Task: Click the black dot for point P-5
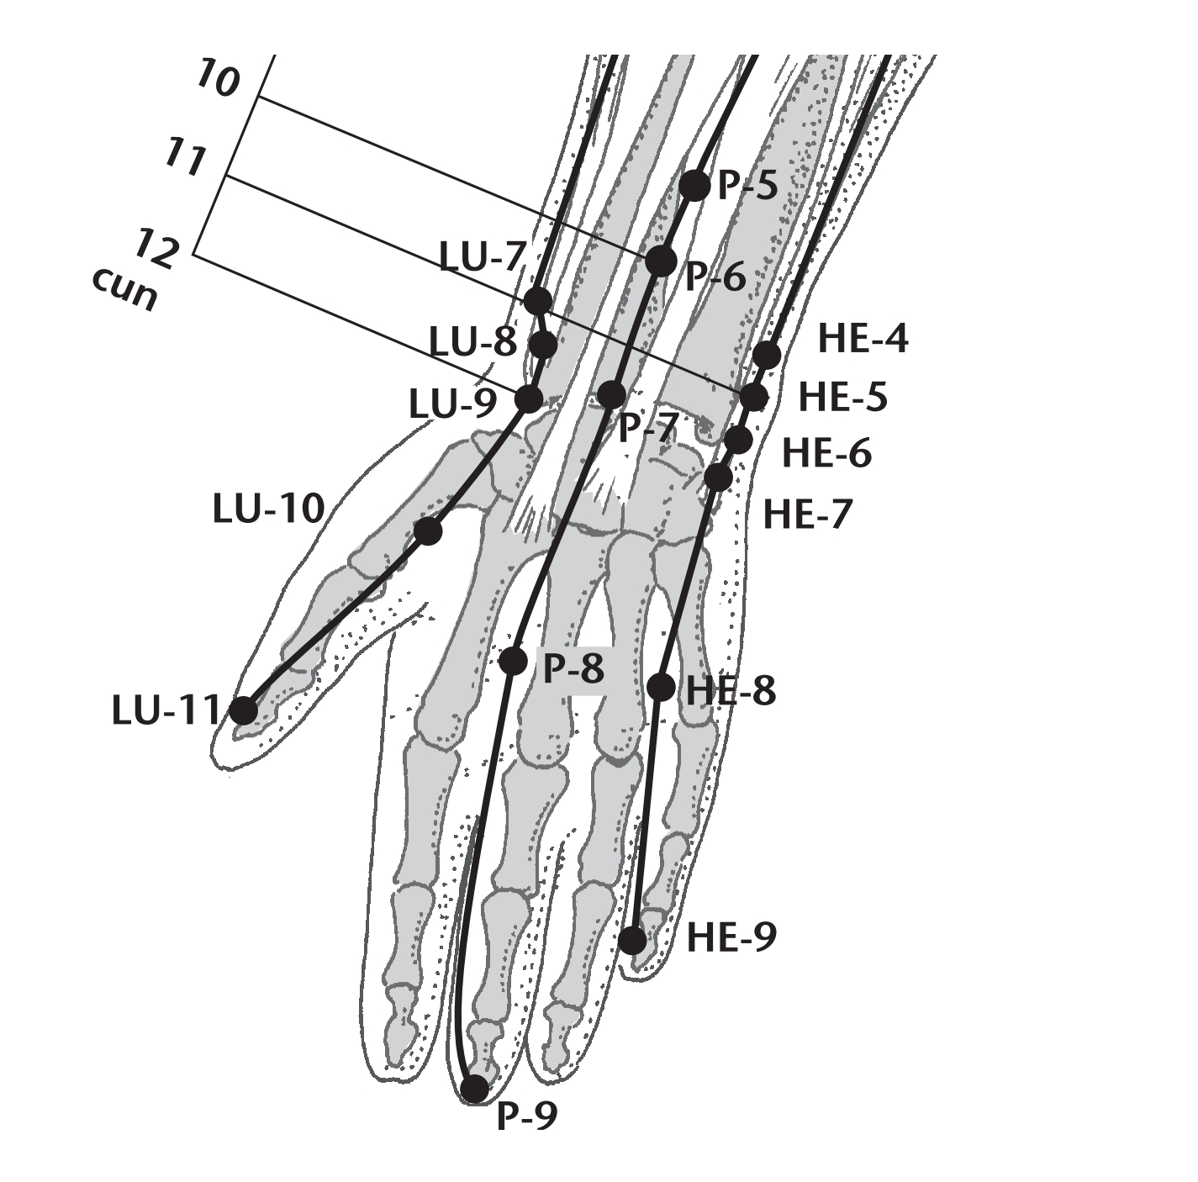694,185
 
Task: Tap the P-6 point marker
661,261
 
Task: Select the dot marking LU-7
538,302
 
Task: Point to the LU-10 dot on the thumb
428,531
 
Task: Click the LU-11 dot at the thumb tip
245,710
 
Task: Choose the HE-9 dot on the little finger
634,941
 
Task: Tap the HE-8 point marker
661,687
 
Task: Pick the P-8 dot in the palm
514,661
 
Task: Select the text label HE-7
807,514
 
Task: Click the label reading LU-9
452,404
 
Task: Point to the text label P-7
646,428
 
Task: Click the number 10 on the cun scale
216,78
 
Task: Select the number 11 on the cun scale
185,158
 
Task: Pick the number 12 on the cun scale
158,247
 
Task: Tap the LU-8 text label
473,343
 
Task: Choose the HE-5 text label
843,398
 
